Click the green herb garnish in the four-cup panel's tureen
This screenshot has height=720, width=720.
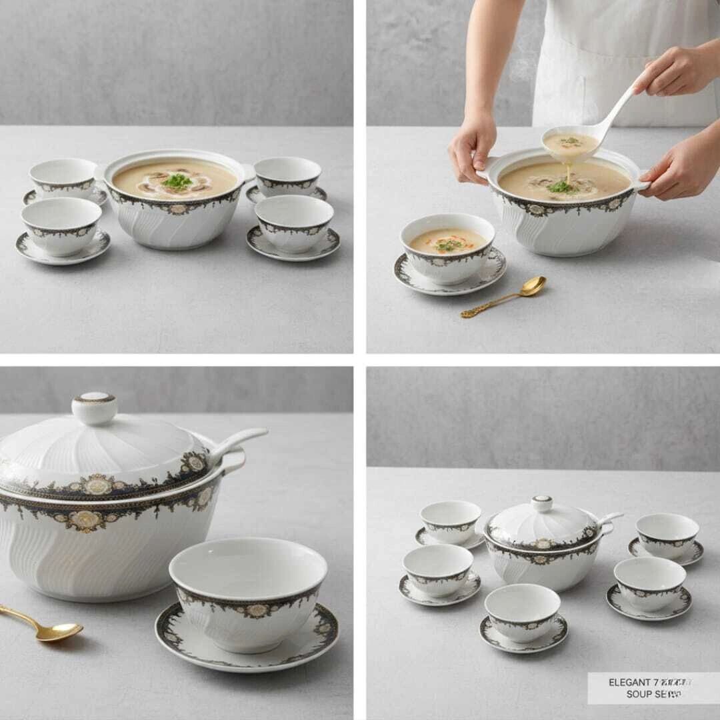177,181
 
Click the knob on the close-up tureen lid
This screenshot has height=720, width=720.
94,407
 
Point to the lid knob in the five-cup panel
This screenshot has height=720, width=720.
542,503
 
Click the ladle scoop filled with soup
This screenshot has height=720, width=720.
570,143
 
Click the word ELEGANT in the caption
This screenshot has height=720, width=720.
629,682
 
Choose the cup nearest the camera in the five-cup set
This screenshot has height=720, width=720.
522,612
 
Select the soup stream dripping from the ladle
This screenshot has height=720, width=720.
568,173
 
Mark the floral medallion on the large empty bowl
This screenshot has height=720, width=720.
257,609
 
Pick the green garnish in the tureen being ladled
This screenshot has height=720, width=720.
561,187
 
